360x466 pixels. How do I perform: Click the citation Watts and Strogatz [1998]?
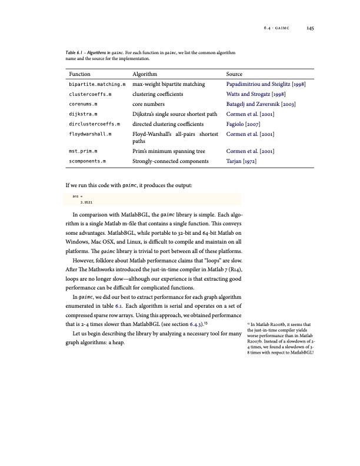[x=255, y=94]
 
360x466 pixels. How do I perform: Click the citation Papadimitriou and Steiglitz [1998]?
[x=265, y=84]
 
